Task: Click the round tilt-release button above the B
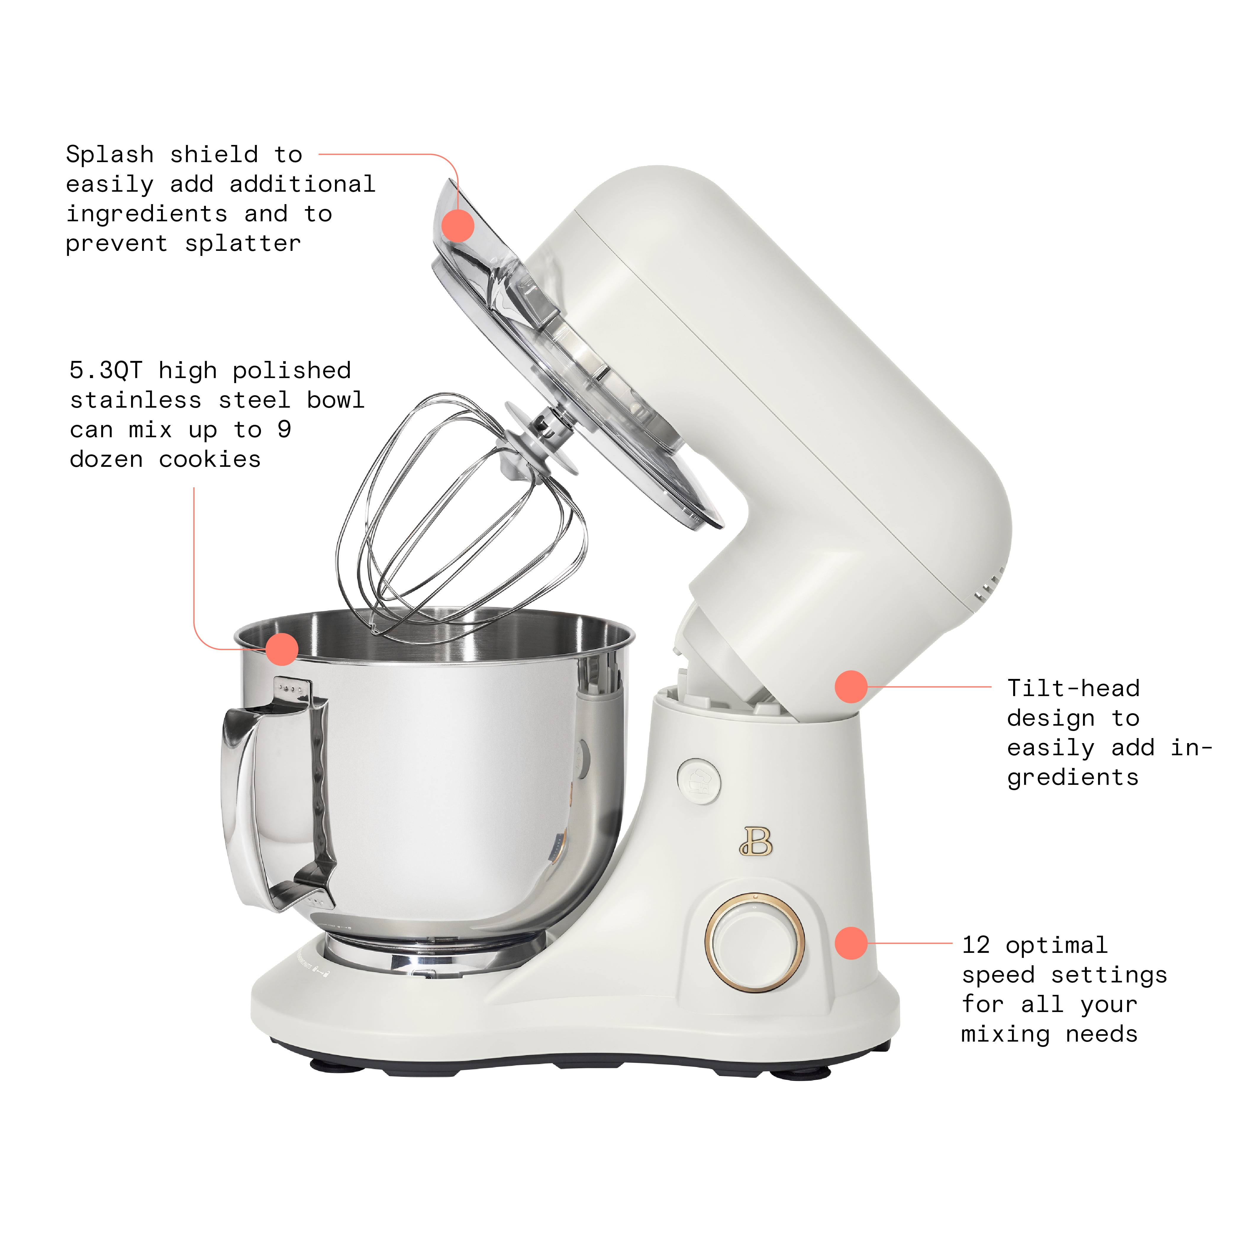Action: tap(699, 781)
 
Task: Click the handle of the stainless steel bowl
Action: tap(274, 798)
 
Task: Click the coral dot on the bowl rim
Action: tap(281, 649)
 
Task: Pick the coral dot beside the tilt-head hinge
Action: tap(851, 687)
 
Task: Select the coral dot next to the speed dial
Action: tap(851, 942)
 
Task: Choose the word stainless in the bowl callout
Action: tap(135, 400)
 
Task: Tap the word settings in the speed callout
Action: tap(1108, 975)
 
